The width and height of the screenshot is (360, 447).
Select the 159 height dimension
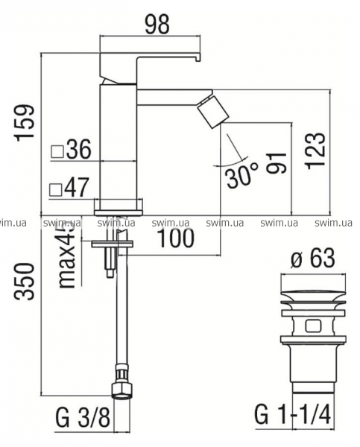pyautogui.click(x=25, y=123)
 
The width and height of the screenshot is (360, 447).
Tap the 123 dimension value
pyautogui.click(x=315, y=150)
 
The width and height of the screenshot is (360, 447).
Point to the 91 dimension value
pyautogui.click(x=277, y=162)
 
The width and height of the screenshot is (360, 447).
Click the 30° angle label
pyautogui.click(x=243, y=175)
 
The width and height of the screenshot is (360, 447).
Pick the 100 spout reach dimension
pyautogui.click(x=176, y=238)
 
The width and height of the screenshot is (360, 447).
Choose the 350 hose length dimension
pyautogui.click(x=25, y=282)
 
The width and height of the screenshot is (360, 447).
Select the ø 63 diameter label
pyautogui.click(x=312, y=259)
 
